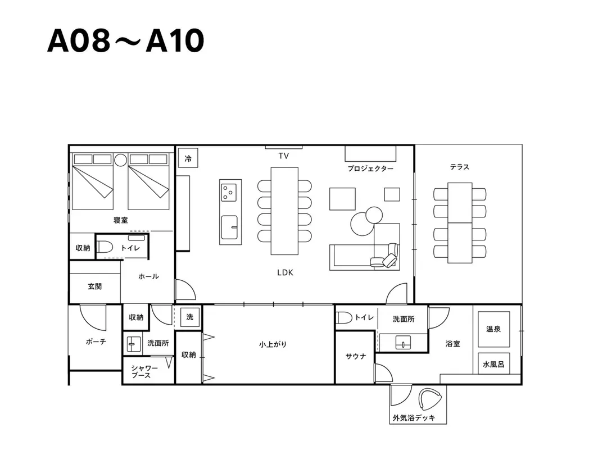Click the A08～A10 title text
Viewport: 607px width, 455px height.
pyautogui.click(x=126, y=40)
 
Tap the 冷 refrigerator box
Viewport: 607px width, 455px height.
pyautogui.click(x=188, y=158)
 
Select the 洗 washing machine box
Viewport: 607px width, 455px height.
pyautogui.click(x=190, y=317)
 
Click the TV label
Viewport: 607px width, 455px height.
pyautogui.click(x=283, y=156)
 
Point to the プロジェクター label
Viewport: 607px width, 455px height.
pyautogui.click(x=370, y=169)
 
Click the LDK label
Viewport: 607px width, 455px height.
pyautogui.click(x=286, y=273)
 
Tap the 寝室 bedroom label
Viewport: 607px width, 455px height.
pyautogui.click(x=121, y=220)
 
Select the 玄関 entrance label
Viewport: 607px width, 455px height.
pyautogui.click(x=94, y=286)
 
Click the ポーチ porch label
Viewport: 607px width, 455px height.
pyautogui.click(x=96, y=342)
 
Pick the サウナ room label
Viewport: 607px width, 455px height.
pyautogui.click(x=355, y=356)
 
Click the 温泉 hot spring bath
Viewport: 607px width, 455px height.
pyautogui.click(x=493, y=329)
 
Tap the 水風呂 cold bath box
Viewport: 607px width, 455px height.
pyautogui.click(x=493, y=363)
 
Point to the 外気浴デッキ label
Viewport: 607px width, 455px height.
pyautogui.click(x=414, y=418)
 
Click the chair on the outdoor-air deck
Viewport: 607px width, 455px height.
pyautogui.click(x=430, y=399)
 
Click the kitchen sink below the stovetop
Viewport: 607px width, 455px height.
pyautogui.click(x=229, y=228)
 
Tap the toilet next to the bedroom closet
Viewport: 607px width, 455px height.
pyautogui.click(x=105, y=247)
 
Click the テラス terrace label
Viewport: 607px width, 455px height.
pyautogui.click(x=460, y=167)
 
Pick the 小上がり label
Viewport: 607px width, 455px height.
pyautogui.click(x=273, y=344)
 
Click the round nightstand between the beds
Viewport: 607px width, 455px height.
pyautogui.click(x=121, y=160)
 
